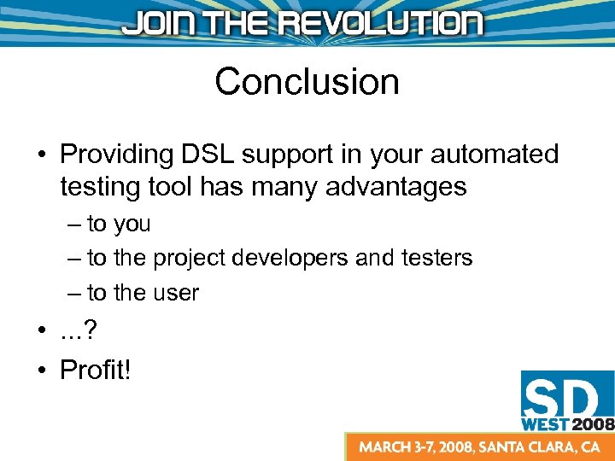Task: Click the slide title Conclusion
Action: click(x=307, y=82)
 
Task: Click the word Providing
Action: click(x=117, y=155)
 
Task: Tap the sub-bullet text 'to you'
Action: click(x=119, y=225)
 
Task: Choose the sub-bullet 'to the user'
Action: click(x=143, y=293)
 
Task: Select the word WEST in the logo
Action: click(x=545, y=422)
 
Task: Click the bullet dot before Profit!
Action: click(x=41, y=371)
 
